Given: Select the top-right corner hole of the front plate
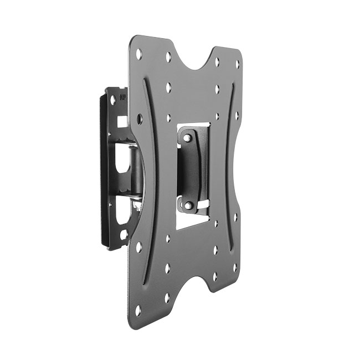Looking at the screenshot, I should point(238,64).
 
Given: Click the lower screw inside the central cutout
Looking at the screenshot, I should point(188,205).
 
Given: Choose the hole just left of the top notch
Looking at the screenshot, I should point(168,56).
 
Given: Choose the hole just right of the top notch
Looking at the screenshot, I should point(217,61).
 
